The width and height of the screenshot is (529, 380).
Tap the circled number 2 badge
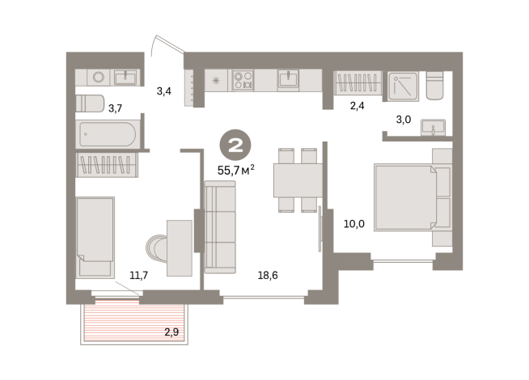(235, 146)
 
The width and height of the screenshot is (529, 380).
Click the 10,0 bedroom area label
(354, 224)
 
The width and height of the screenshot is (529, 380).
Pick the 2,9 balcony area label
(171, 332)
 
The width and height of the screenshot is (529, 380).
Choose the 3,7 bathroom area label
(115, 108)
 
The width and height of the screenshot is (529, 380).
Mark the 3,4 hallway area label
(163, 91)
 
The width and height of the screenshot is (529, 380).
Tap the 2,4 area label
(358, 105)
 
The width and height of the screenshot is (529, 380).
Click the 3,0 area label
(402, 119)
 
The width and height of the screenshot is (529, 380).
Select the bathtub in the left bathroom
(108, 134)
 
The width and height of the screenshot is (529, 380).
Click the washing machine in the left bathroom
(99, 78)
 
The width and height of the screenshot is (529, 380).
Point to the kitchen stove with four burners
(243, 79)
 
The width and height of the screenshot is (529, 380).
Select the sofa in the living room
(219, 227)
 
